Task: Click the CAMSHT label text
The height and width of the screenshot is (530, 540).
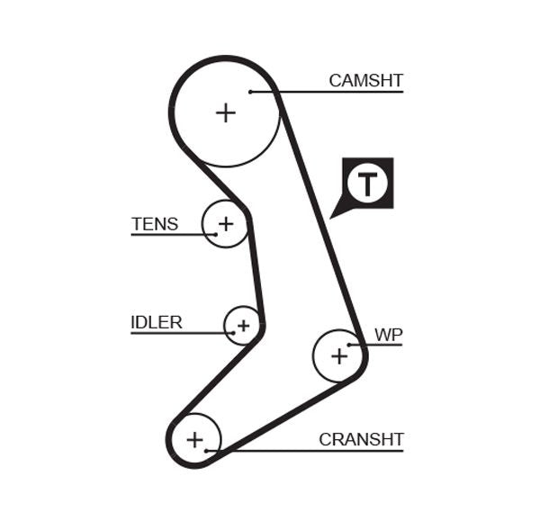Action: (x=365, y=80)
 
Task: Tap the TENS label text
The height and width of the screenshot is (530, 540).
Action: (x=155, y=224)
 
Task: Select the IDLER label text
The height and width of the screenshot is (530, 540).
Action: (x=156, y=322)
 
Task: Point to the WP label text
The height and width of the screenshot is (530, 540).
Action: (x=389, y=335)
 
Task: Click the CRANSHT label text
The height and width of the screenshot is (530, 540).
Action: (x=361, y=439)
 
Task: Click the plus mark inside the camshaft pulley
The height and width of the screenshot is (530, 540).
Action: (x=225, y=112)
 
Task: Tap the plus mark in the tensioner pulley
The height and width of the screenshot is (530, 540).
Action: (x=225, y=223)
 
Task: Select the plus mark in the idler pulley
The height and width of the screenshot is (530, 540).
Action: (x=242, y=325)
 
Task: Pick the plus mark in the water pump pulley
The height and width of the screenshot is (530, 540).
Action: (x=338, y=355)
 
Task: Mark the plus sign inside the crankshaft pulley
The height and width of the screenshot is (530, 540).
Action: (x=194, y=440)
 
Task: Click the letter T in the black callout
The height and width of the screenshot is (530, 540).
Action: (x=367, y=184)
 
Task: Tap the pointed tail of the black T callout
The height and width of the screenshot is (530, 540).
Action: (x=334, y=215)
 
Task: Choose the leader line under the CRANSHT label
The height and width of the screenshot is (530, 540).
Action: (x=315, y=450)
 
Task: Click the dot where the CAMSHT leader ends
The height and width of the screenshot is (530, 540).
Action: (x=251, y=91)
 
